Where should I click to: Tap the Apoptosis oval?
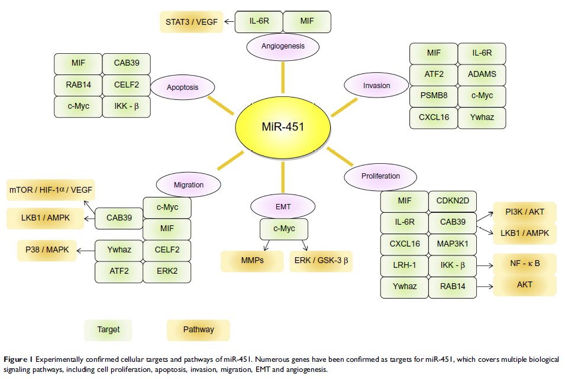182,88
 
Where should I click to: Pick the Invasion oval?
376,85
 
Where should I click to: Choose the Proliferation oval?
380,176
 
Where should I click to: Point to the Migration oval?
188,185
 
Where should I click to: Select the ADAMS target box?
482,74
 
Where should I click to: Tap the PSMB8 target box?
434,96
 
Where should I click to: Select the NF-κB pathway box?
525,264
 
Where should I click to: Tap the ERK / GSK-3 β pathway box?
321,261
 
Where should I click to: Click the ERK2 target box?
167,271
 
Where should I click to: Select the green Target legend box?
108,329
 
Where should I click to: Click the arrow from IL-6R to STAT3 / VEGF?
227,22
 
